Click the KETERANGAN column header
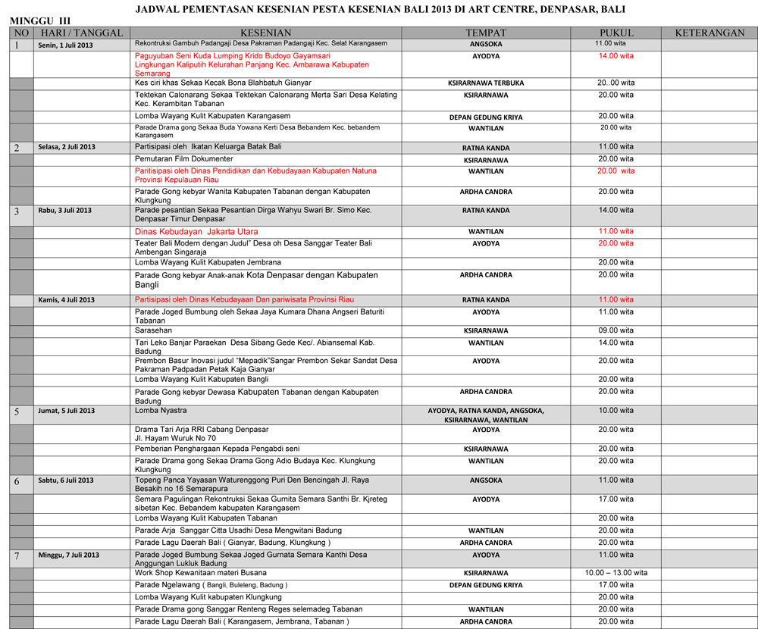[709, 33]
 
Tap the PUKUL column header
[615, 33]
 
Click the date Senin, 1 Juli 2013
[65, 45]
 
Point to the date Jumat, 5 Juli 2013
[67, 411]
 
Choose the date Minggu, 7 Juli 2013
[68, 555]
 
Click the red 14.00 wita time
[615, 56]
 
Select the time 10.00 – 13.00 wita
[615, 573]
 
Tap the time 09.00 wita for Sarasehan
[615, 330]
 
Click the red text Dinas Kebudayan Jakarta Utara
[196, 231]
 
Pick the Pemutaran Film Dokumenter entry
[183, 159]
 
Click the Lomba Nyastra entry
[162, 411]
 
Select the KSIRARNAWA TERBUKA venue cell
[486, 83]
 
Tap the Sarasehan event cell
[153, 330]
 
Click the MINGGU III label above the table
[39, 20]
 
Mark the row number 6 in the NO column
[17, 481]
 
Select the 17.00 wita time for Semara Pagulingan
[615, 499]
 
